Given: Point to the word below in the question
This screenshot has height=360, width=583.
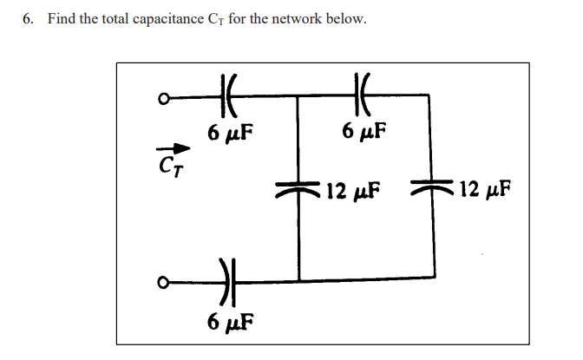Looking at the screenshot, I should pos(347,19).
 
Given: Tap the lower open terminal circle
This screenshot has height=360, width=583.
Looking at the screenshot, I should pos(161,281).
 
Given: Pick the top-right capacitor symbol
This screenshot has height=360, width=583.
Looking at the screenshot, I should pos(364,94).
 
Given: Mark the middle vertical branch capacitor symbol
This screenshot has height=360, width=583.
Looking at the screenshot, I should pos(298,190).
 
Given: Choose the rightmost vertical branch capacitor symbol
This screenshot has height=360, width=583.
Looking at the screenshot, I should pos(432,190).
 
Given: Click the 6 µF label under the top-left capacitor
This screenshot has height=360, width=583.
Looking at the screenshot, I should pos(230,133).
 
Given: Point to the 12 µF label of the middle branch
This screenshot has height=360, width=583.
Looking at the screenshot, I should pos(356,189).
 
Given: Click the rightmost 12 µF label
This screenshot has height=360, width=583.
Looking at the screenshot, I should pos(484,189).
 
